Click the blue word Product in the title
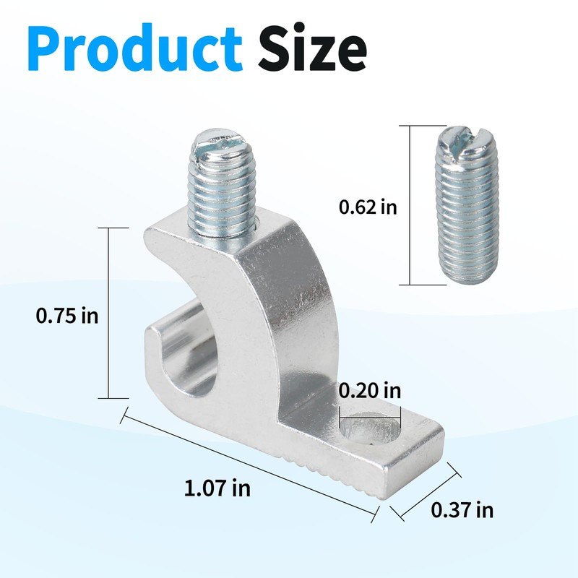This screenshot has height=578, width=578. click(135, 48)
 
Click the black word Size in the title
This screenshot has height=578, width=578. click(311, 47)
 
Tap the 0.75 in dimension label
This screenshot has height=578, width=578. click(67, 316)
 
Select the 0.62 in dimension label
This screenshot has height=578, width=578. click(368, 207)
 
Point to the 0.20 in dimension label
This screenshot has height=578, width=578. click(370, 390)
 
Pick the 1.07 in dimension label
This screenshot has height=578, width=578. click(217, 488)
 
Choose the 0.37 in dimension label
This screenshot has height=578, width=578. click(462, 510)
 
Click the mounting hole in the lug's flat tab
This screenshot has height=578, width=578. click(369, 429)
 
